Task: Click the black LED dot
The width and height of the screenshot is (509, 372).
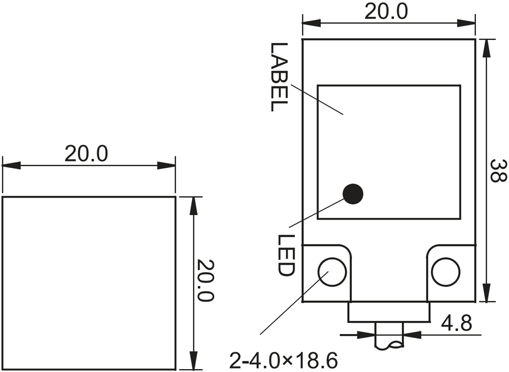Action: click(x=353, y=194)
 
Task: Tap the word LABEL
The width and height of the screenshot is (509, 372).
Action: click(x=279, y=77)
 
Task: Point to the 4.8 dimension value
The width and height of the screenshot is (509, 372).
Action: click(x=456, y=323)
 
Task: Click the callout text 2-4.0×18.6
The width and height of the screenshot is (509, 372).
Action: click(x=284, y=361)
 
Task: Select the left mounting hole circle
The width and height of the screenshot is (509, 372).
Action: click(x=332, y=272)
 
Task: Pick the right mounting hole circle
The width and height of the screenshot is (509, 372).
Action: click(x=445, y=272)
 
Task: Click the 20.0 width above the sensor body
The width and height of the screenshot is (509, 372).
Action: click(x=386, y=12)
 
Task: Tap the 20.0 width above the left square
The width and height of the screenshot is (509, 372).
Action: click(x=86, y=154)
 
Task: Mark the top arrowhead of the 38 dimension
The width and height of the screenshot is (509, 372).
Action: click(x=486, y=46)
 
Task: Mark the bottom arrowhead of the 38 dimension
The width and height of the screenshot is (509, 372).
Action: click(x=486, y=295)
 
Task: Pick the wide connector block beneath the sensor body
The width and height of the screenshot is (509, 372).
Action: click(x=389, y=312)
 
